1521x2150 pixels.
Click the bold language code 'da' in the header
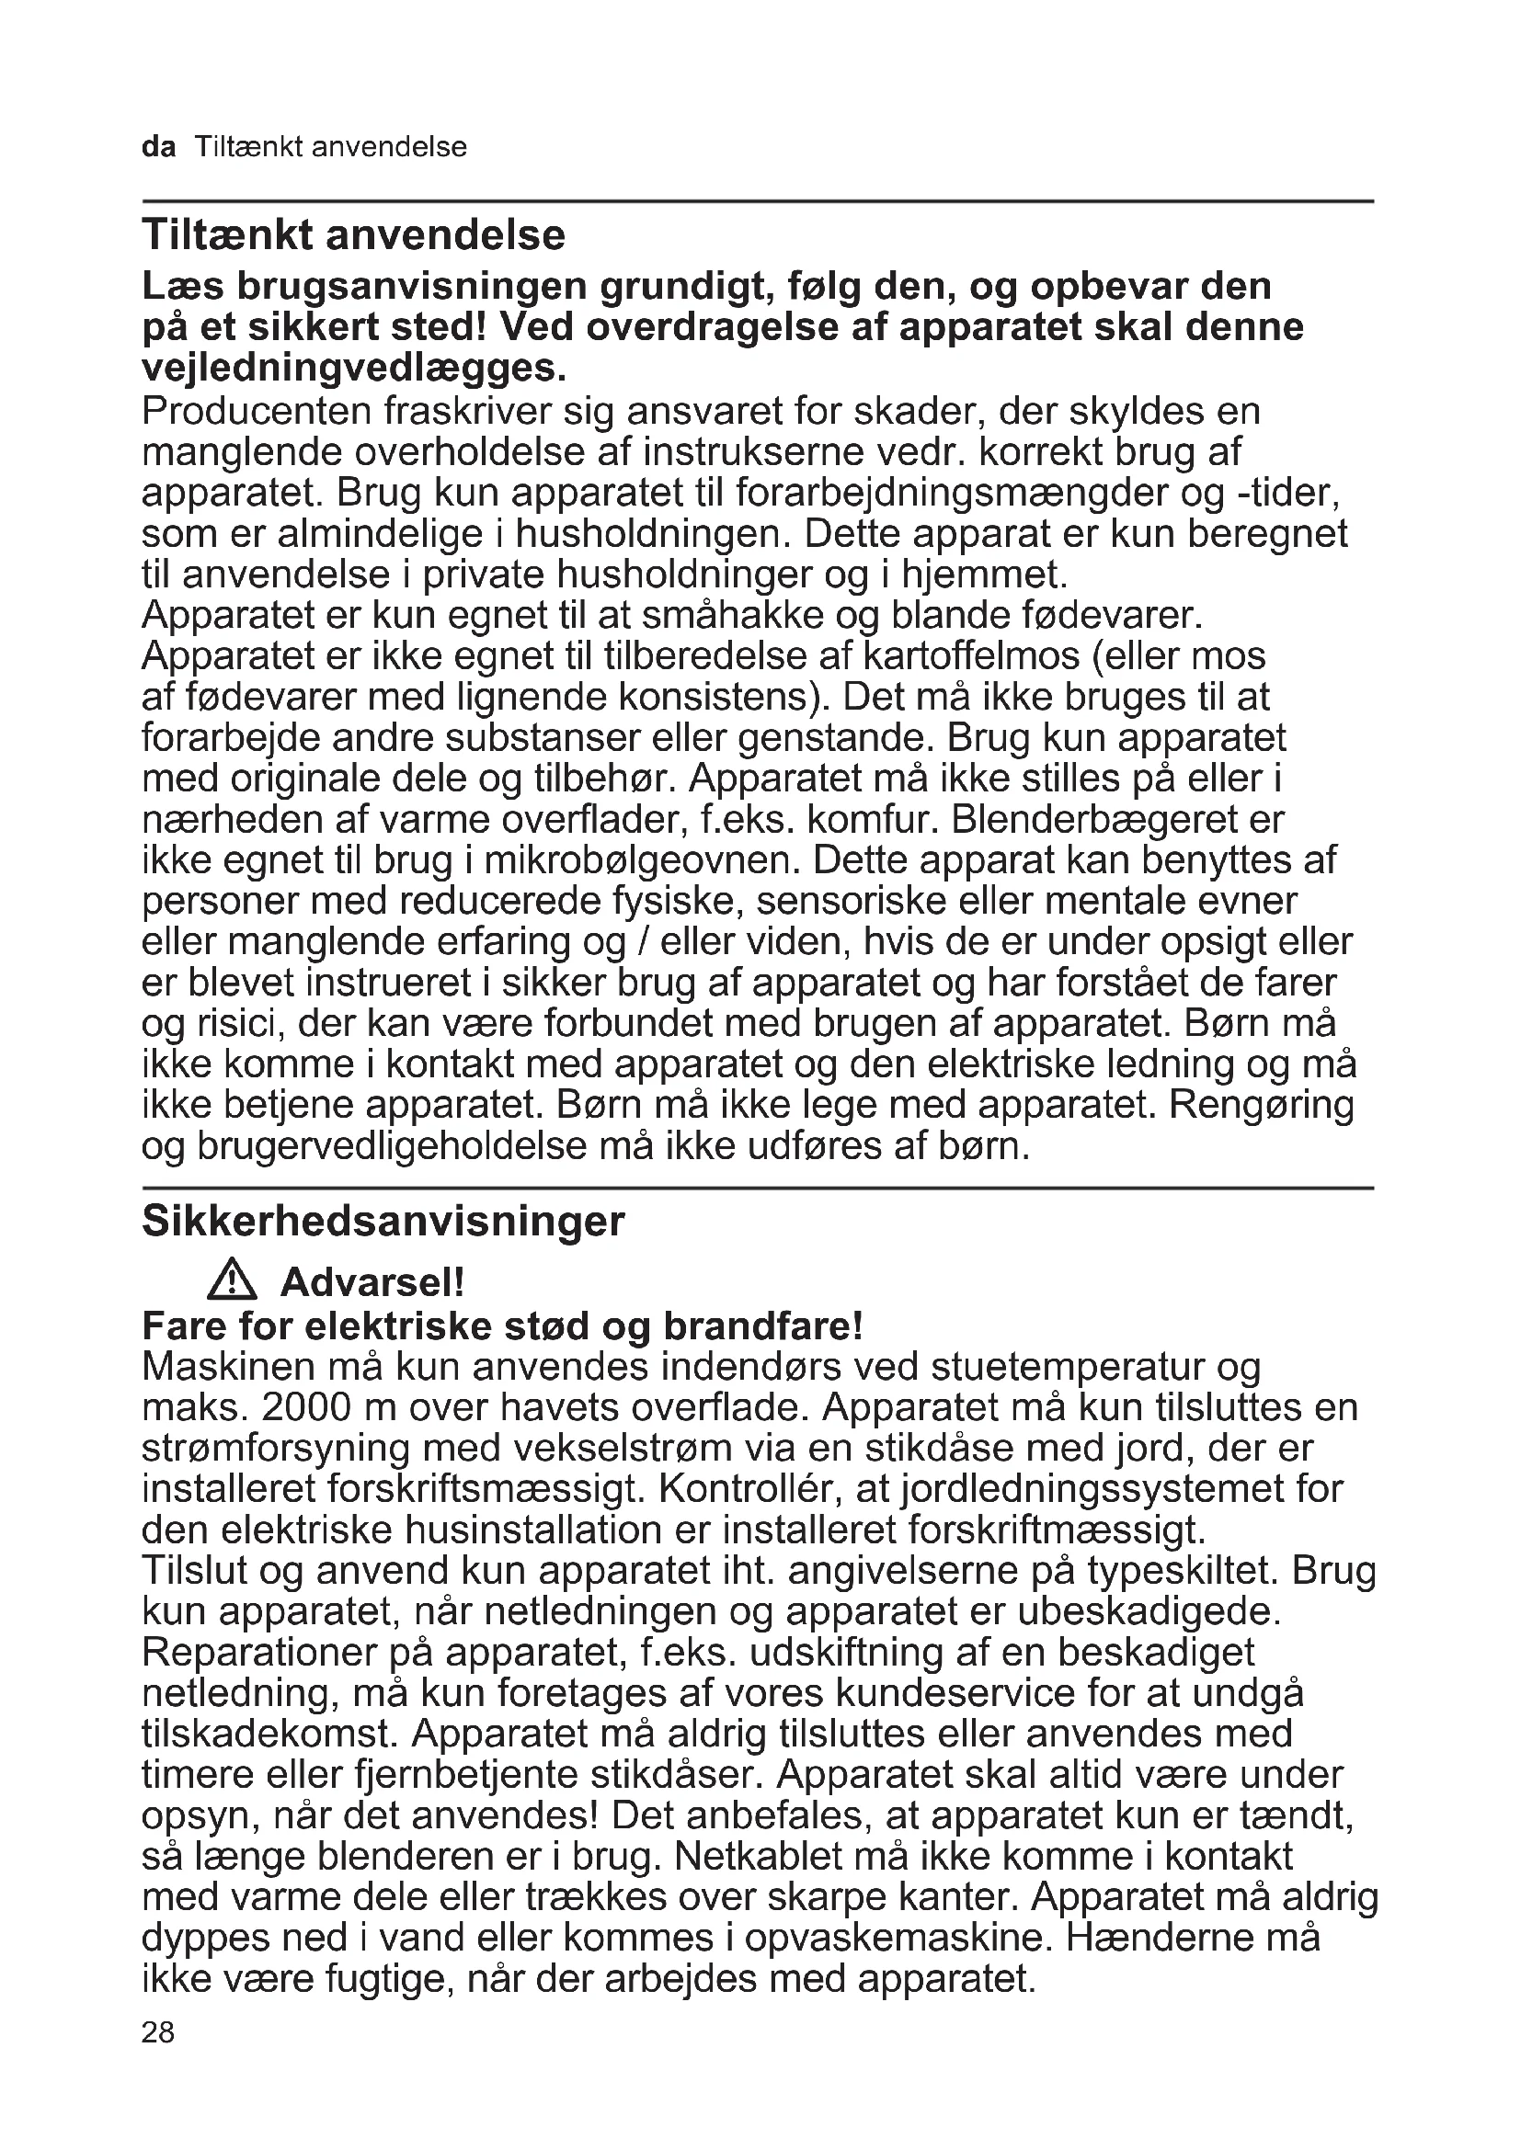[158, 147]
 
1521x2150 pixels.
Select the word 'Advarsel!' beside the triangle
[372, 1282]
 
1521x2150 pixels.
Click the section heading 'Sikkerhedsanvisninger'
[383, 1221]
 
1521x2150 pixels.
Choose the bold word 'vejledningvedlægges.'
[354, 368]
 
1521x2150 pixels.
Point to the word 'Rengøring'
[1262, 1105]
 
